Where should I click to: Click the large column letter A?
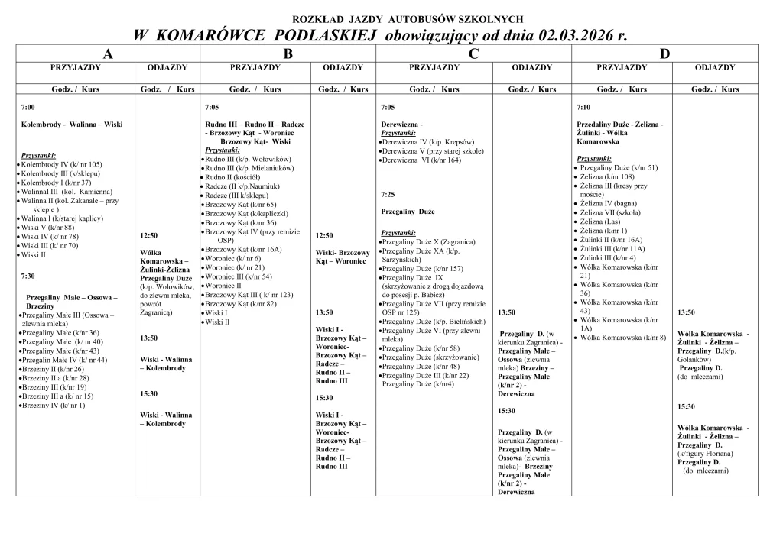coord(108,53)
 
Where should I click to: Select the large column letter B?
coord(288,53)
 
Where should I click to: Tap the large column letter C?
coord(474,53)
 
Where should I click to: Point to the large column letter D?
coord(664,53)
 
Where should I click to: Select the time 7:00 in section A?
coord(28,107)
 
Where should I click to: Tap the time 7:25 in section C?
coord(388,194)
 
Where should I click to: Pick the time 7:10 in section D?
coord(583,107)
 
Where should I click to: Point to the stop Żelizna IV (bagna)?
coord(609,204)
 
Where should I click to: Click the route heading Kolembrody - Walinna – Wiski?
coord(72,124)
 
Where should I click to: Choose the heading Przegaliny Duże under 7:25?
coord(408,211)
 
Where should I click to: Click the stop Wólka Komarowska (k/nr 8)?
coord(623,337)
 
